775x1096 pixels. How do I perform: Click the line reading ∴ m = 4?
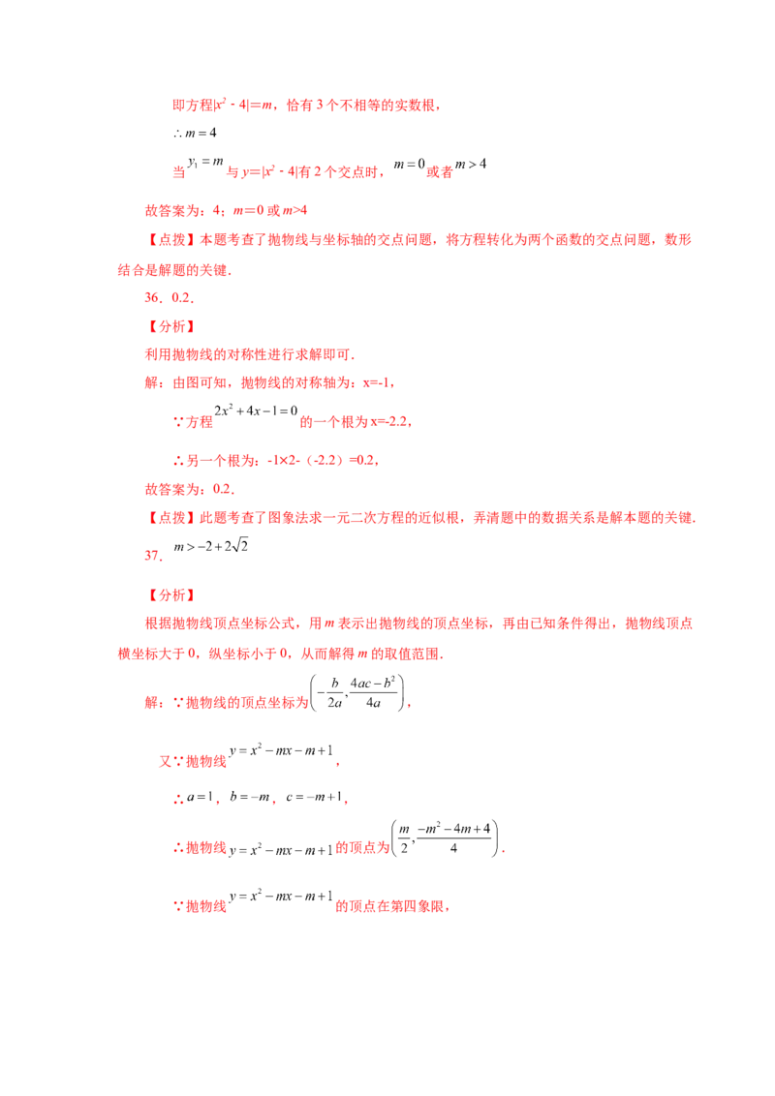point(195,133)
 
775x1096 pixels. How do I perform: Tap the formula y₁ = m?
point(205,162)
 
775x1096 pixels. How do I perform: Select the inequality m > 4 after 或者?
point(471,165)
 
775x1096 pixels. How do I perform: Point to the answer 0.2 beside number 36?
point(182,298)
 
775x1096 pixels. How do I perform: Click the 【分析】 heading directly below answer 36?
point(170,326)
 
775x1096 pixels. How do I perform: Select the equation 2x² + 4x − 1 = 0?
point(256,411)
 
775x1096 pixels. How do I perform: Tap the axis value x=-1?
point(378,383)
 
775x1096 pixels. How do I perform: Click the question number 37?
point(154,556)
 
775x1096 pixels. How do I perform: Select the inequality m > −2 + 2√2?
point(210,546)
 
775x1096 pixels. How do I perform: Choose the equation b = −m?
point(250,797)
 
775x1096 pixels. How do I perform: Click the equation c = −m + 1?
point(314,797)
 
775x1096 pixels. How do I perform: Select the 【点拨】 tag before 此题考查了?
point(170,518)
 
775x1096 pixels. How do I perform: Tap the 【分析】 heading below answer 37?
point(170,595)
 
